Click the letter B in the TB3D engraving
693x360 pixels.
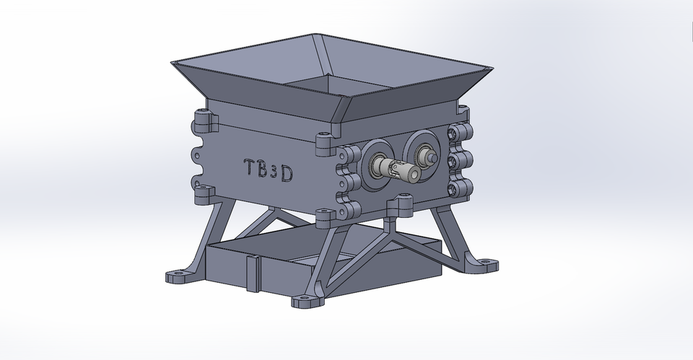coord(263,168)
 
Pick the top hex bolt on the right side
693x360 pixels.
coord(455,133)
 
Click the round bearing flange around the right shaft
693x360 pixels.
coord(422,150)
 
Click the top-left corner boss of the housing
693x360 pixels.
coord(204,120)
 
